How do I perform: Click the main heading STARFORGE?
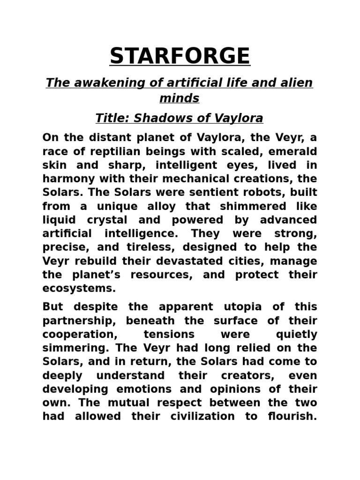pyautogui.click(x=180, y=56)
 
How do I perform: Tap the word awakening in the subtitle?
pyautogui.click(x=103, y=83)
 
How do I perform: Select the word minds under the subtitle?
pyautogui.click(x=180, y=98)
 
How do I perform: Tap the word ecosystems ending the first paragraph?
pyautogui.click(x=79, y=288)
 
